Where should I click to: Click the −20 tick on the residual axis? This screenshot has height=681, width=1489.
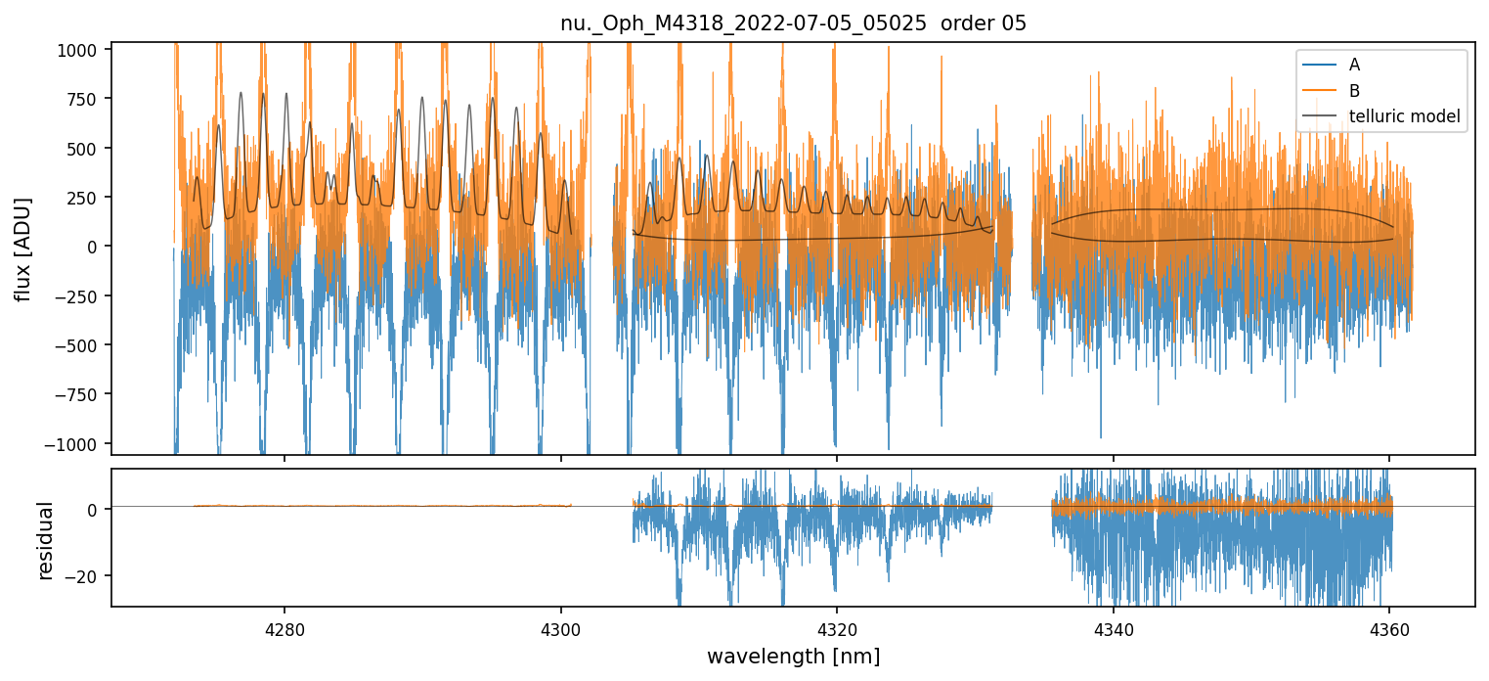86,575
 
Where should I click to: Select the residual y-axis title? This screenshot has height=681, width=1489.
44,540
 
